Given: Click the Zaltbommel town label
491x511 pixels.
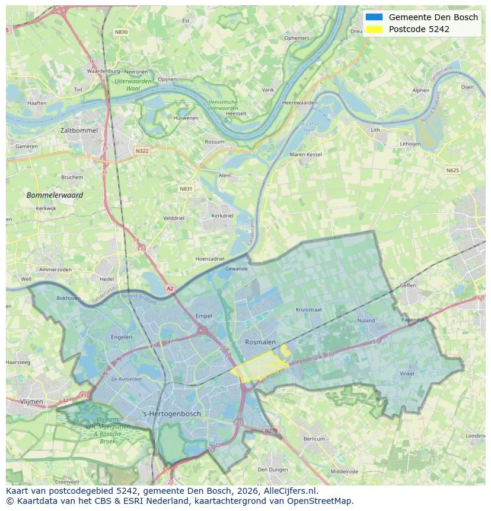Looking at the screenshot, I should tap(79, 130).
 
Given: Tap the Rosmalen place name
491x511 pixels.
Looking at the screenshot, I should tap(260, 342).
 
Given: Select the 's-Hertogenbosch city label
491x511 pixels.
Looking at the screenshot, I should tap(172, 414).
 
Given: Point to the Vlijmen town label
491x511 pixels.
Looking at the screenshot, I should tap(31, 402).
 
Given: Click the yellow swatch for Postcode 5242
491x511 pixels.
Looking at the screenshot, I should tap(374, 29).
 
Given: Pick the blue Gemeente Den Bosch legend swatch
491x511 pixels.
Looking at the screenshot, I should tap(374, 17).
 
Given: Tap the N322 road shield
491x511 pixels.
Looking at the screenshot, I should tap(142, 151).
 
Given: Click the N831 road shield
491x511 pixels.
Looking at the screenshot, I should tap(186, 189).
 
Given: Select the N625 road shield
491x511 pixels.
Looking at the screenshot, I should tap(452, 170).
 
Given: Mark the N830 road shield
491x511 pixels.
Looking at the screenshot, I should tap(121, 32).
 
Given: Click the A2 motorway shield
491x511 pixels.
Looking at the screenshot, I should tap(170, 288).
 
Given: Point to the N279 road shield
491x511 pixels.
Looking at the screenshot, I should tap(270, 430).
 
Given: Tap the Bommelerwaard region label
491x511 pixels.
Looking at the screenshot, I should tap(55, 195).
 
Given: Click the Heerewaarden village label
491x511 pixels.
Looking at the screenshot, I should tap(299, 103).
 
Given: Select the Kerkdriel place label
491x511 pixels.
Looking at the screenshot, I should tap(222, 215).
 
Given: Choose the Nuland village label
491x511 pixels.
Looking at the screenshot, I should tap(366, 320).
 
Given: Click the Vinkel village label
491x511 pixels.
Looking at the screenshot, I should tap(407, 373).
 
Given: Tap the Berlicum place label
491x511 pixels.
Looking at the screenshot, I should tap(314, 439).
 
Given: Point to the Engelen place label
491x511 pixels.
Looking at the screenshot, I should tap(122, 337).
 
